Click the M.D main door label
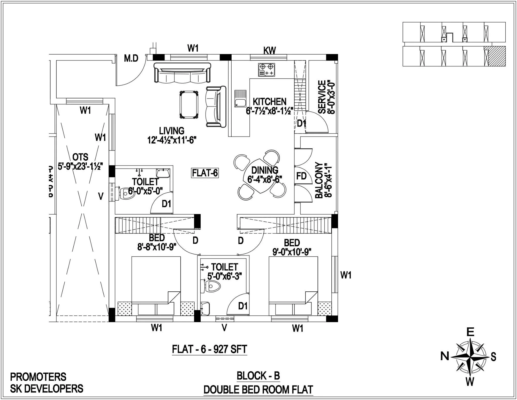click(131, 58)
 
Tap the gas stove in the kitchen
click(267, 70)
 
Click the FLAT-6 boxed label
click(205, 173)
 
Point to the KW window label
click(269, 50)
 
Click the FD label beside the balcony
click(301, 176)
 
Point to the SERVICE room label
click(322, 97)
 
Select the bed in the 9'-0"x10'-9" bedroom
click(293, 281)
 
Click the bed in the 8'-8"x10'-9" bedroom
click(156, 281)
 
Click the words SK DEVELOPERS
click(47, 389)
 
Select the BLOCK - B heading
click(258, 375)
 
